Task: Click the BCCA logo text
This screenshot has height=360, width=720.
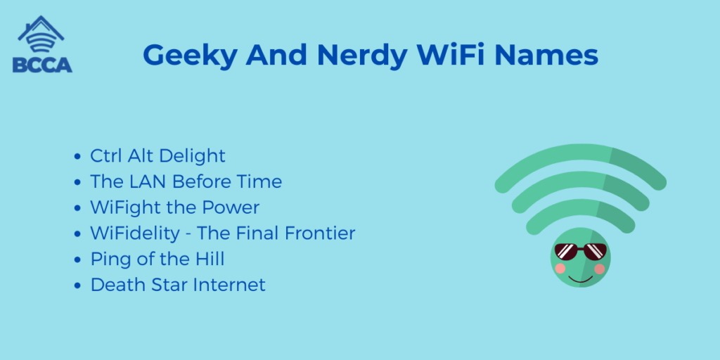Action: (x=42, y=65)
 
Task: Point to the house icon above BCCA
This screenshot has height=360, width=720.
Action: (x=41, y=34)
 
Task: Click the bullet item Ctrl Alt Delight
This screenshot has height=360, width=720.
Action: (x=157, y=155)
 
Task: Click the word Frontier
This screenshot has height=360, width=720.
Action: (x=320, y=233)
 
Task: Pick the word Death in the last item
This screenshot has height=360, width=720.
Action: (x=113, y=285)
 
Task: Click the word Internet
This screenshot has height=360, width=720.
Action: (x=229, y=285)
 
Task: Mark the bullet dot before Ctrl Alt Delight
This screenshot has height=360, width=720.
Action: (x=77, y=157)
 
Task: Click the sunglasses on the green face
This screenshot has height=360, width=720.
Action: (x=580, y=252)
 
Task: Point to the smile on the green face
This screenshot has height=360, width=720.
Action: (x=580, y=279)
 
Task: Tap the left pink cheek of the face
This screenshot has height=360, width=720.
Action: (x=560, y=268)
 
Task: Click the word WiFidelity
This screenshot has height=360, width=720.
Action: (x=135, y=233)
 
